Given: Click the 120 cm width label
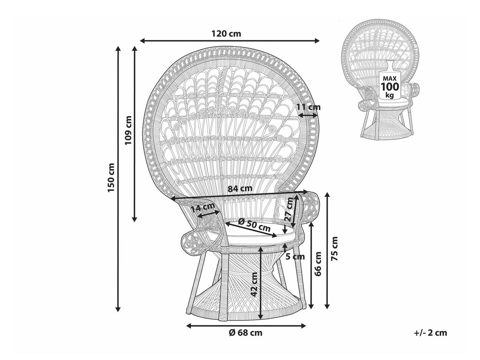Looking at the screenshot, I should click(226, 34).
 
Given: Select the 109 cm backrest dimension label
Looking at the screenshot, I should click(128, 130).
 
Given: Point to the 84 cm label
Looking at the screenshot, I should click(240, 188).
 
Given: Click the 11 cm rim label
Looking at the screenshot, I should click(308, 107).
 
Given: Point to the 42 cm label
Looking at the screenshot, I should click(255, 284).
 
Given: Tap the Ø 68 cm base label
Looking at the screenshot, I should click(246, 333).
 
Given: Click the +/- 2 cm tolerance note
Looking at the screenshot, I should click(431, 333).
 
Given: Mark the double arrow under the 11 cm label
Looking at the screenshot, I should click(308, 115).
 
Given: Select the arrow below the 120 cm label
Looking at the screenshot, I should click(230, 40).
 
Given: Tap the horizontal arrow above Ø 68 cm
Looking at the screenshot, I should click(246, 326).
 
